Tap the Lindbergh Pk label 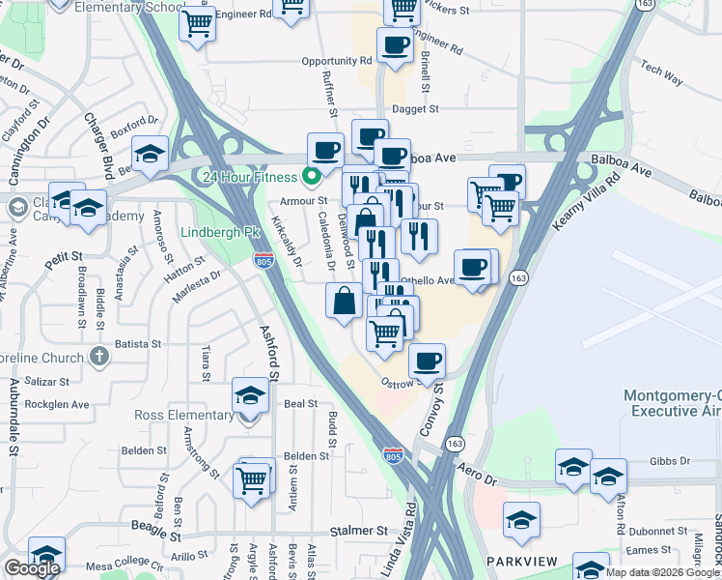(221, 233)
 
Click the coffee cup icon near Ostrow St (427, 362)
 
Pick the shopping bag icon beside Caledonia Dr (345, 300)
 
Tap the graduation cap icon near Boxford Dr (151, 154)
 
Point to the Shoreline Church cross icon (97, 357)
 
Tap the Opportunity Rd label (336, 60)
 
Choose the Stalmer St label (357, 531)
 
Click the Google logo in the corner (32, 567)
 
